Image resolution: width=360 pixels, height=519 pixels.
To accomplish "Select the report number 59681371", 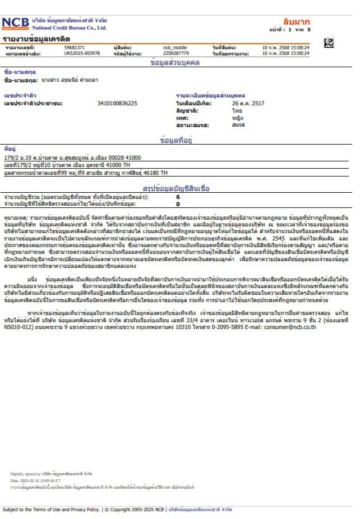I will pyautogui.click(x=75, y=48).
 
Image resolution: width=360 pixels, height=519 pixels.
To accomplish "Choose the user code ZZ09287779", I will pyautogui.click(x=175, y=53).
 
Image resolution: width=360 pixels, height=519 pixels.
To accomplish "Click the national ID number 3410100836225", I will pyautogui.click(x=117, y=103).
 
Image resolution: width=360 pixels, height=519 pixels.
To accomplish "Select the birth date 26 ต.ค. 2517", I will pyautogui.click(x=248, y=103).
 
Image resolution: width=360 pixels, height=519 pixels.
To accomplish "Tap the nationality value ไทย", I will pyautogui.click(x=237, y=111).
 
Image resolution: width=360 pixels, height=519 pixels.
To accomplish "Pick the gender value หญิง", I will pyautogui.click(x=238, y=118).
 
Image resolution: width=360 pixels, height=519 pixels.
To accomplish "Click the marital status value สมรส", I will pyautogui.click(x=238, y=126).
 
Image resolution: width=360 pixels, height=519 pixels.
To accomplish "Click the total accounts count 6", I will pyautogui.click(x=178, y=197).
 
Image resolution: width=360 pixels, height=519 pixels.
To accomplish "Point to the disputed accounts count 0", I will pyautogui.click(x=178, y=205).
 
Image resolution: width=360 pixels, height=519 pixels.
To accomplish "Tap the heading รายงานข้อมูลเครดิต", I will pyautogui.click(x=36, y=39).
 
